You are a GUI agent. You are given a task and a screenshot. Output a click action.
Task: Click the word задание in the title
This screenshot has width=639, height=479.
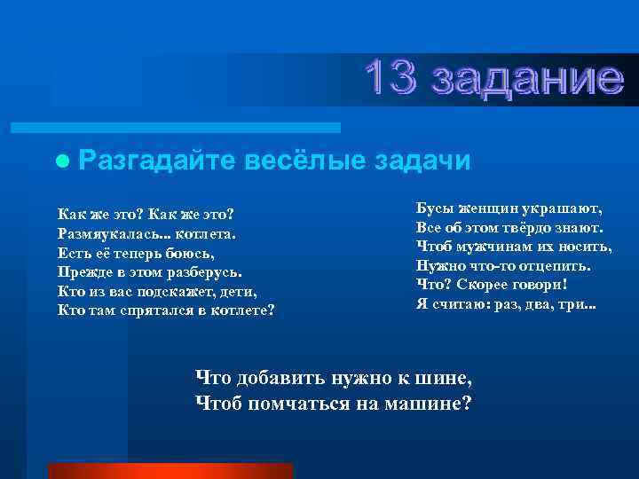coord(524,80)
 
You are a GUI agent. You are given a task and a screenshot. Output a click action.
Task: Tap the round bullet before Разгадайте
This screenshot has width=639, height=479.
coord(60,161)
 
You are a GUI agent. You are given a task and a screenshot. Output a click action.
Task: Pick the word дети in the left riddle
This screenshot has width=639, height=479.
coord(236,291)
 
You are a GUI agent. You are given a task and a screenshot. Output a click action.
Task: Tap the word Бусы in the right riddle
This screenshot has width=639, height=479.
coord(434,209)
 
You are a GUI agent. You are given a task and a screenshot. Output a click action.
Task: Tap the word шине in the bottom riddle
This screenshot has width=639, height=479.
coord(449,379)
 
